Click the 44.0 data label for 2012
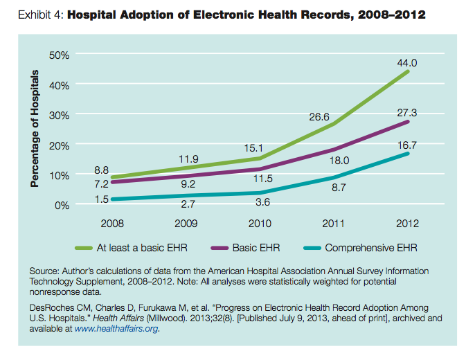[x=407, y=63]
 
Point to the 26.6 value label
[x=319, y=117]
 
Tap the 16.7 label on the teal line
[x=407, y=145]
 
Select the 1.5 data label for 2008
[x=102, y=199]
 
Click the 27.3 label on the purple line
[x=407, y=113]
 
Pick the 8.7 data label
[x=339, y=188]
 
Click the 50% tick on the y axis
[x=59, y=55]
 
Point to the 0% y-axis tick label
[x=62, y=206]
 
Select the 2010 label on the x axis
[x=260, y=224]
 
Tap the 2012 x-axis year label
[x=407, y=224]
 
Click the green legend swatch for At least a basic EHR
[x=84, y=249]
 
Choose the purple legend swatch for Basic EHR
[x=219, y=249]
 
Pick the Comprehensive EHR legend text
[x=371, y=248]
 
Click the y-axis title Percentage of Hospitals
[x=35, y=128]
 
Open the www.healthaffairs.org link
[x=116, y=329]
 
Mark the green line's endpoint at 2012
[x=407, y=72]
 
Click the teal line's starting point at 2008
[x=113, y=199]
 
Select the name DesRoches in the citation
[x=52, y=308]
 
